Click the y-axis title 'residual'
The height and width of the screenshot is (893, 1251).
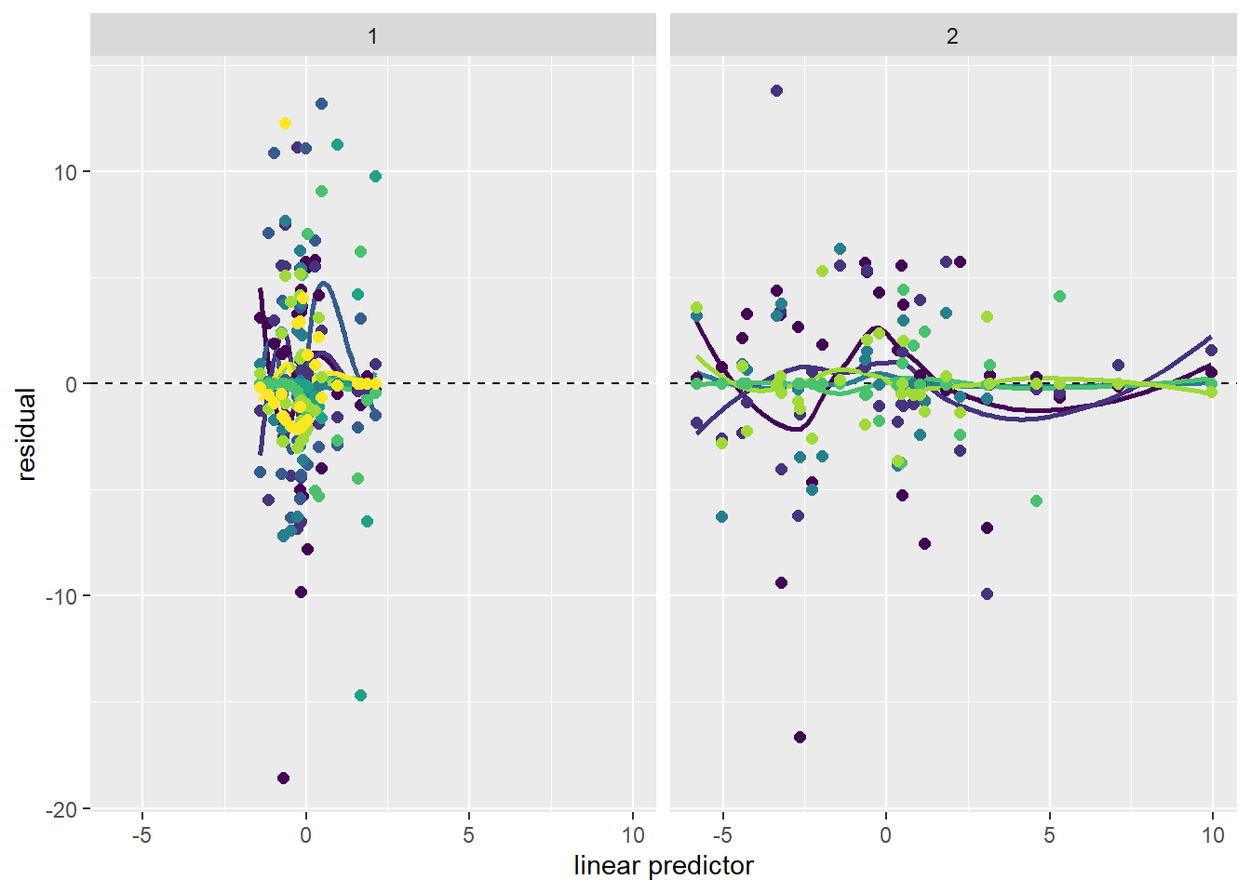pyautogui.click(x=26, y=434)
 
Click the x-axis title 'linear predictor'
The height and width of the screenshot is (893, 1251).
pyautogui.click(x=663, y=866)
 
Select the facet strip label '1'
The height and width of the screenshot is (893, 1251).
pyautogui.click(x=372, y=37)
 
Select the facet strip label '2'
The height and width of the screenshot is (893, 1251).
pyautogui.click(x=951, y=37)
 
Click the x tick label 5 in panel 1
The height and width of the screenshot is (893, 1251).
pyautogui.click(x=468, y=835)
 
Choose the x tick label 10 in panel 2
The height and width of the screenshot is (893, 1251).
pyautogui.click(x=1212, y=835)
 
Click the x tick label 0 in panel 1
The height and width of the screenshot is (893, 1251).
pyautogui.click(x=305, y=835)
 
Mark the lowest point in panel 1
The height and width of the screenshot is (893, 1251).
pyautogui.click(x=283, y=778)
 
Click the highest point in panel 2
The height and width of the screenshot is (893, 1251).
pyautogui.click(x=776, y=91)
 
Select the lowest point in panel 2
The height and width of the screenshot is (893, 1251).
pyautogui.click(x=800, y=738)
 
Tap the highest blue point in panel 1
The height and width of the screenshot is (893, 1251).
pyautogui.click(x=321, y=104)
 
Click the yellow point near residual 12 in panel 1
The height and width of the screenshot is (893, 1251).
pyautogui.click(x=285, y=124)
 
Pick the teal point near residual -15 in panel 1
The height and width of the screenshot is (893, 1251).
pyautogui.click(x=360, y=696)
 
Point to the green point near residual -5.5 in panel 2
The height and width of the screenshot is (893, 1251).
pyautogui.click(x=1036, y=501)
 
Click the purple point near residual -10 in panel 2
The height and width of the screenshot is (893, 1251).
pyautogui.click(x=987, y=593)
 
